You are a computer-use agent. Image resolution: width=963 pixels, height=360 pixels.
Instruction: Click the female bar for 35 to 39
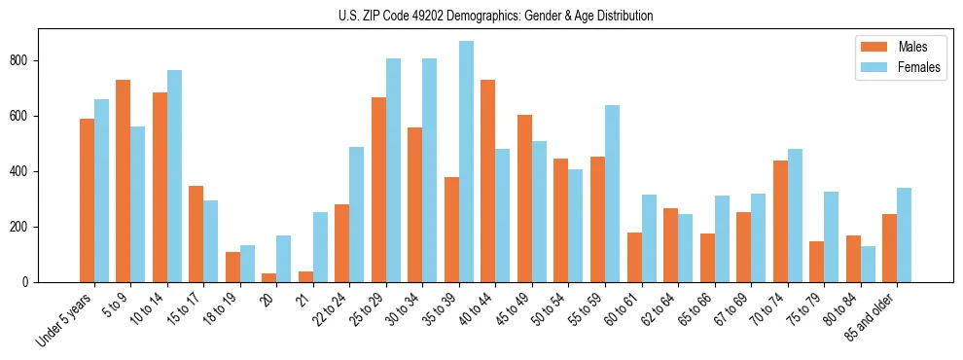[466, 162]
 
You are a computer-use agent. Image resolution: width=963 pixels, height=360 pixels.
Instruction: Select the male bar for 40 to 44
[488, 181]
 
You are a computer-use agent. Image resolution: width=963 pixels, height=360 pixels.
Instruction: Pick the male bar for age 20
[269, 277]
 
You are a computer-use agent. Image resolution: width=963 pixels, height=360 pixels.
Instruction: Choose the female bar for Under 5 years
[101, 191]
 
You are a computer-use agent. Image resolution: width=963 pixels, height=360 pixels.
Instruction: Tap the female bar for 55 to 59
[612, 194]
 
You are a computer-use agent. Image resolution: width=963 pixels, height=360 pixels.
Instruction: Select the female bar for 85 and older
[905, 234]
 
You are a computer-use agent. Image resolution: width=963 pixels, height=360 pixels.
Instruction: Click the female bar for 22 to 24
[357, 214]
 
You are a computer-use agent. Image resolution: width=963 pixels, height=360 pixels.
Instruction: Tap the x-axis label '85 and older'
[870, 315]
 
